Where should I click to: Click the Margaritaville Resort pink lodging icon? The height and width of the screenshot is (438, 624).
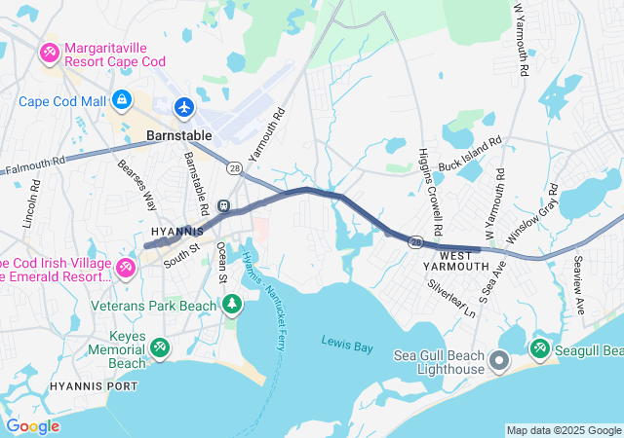48,51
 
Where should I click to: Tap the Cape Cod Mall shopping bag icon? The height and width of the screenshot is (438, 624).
122,99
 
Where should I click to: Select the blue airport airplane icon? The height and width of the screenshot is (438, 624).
184,106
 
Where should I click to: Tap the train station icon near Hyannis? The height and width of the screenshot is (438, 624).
223,205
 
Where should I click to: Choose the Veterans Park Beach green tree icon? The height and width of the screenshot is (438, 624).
232,307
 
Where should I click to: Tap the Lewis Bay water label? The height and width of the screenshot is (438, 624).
347,341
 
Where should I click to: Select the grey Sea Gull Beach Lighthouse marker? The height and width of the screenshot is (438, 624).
498,362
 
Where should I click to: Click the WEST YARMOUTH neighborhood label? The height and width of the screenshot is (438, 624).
456,266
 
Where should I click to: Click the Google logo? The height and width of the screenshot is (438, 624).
32,425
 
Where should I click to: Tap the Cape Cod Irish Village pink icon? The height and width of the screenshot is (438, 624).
126,268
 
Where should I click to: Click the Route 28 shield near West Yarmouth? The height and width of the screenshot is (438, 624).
416,240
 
